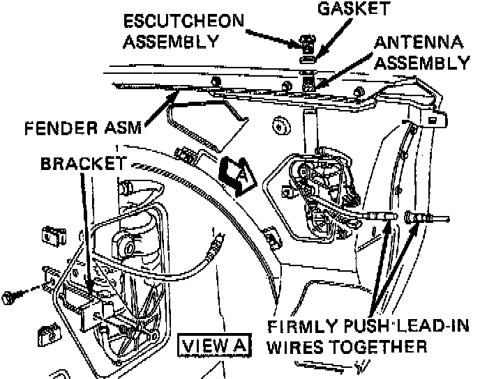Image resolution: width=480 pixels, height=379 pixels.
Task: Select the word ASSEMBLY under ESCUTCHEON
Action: (x=169, y=40)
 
